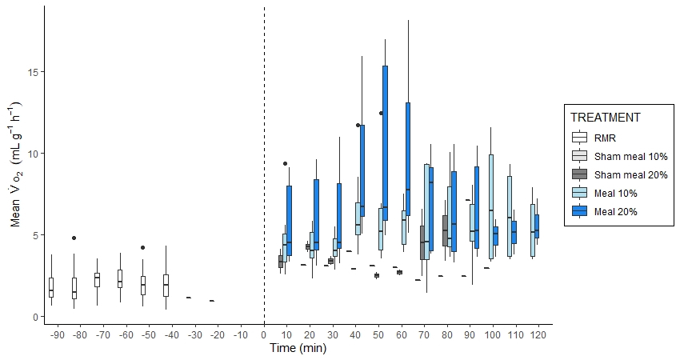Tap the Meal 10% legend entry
(x=606, y=193)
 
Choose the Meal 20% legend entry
(x=606, y=211)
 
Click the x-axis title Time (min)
(x=298, y=348)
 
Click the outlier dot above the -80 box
(x=74, y=238)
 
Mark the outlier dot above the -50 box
(x=142, y=247)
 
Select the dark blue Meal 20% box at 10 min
(x=289, y=220)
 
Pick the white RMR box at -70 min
(x=97, y=279)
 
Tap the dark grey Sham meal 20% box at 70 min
(x=422, y=242)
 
